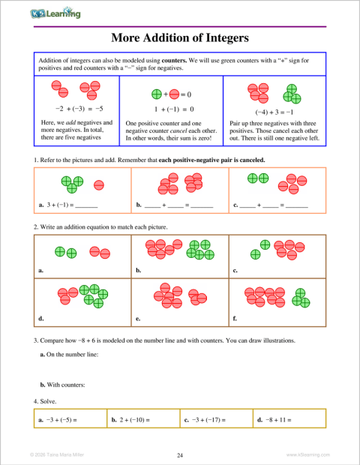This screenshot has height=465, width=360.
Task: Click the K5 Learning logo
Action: [x=56, y=13]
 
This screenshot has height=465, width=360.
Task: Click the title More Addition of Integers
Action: [x=180, y=37]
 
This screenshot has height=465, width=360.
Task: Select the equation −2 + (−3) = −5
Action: [x=73, y=108]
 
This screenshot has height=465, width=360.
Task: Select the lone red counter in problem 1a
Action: [x=98, y=184]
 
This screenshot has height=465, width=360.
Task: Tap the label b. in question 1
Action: [x=139, y=205]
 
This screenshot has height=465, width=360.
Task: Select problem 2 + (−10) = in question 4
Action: [x=136, y=419]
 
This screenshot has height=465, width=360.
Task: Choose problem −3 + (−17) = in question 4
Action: [x=211, y=419]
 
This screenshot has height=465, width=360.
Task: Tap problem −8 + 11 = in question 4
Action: [x=277, y=419]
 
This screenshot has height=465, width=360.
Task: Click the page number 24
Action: [x=180, y=454]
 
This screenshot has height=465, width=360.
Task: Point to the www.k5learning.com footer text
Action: [x=308, y=454]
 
